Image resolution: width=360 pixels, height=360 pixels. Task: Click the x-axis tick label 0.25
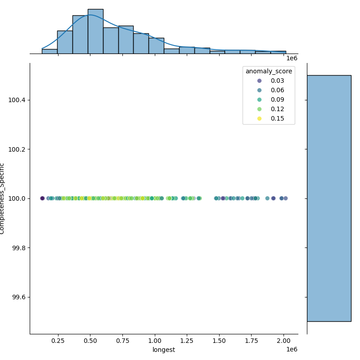point(58,341)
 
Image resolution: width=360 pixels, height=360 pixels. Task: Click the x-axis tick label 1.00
point(155,341)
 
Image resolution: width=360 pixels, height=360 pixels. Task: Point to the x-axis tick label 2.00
point(284,341)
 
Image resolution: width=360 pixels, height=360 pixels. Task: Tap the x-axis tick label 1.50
point(220,341)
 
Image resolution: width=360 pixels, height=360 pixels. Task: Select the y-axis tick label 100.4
point(18,100)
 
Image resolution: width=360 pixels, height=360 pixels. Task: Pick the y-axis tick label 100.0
point(18,198)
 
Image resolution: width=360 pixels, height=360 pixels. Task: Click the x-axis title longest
point(164,350)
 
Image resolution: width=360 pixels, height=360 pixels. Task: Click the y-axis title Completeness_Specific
point(3,198)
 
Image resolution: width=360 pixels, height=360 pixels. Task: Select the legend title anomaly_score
point(269,71)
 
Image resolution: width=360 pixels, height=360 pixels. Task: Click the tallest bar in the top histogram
point(95,31)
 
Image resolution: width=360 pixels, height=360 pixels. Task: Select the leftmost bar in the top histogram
point(49,51)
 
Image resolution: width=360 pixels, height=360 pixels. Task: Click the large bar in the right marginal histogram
point(329,198)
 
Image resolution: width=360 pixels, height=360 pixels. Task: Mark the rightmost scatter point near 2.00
point(285,198)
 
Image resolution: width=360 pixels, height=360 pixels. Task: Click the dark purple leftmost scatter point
point(42,198)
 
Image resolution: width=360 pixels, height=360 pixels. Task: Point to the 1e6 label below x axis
point(292,350)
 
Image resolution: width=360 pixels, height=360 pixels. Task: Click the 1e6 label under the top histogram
point(292,58)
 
